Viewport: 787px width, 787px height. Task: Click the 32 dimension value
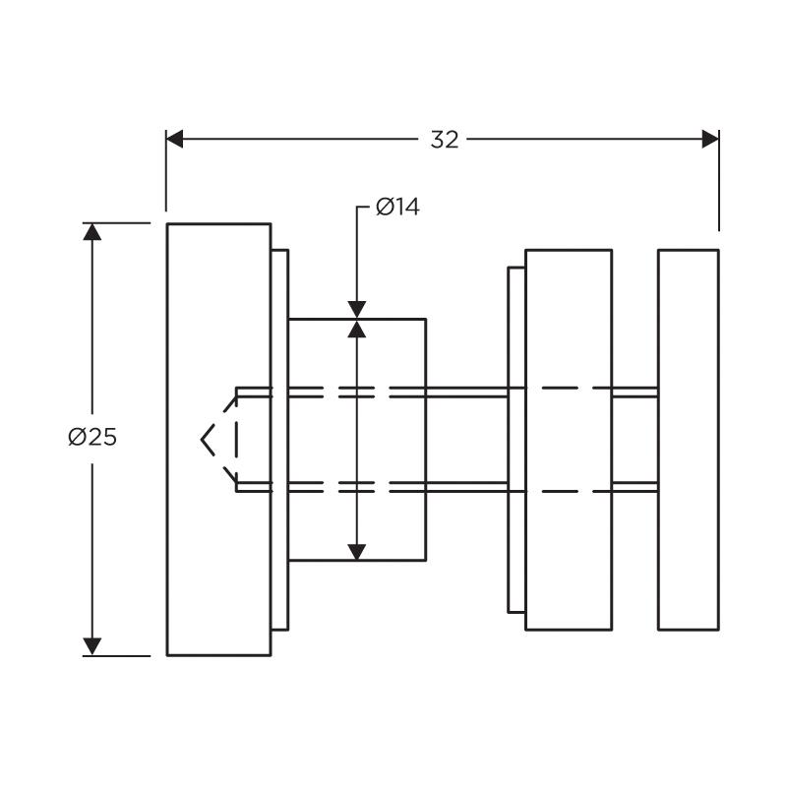(x=445, y=140)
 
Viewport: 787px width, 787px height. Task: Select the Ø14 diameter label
(x=397, y=207)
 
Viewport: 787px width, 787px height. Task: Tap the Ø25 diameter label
(x=92, y=437)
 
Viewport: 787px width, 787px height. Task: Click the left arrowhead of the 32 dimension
(x=175, y=139)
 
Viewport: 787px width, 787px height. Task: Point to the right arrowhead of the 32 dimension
(x=710, y=139)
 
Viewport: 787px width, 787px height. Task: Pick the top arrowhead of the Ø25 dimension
(x=92, y=232)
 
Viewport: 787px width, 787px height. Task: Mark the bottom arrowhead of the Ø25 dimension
(x=92, y=646)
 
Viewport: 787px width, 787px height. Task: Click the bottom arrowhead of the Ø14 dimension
(x=357, y=552)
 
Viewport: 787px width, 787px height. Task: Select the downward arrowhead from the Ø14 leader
(x=357, y=310)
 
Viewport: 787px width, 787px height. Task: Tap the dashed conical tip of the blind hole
(x=218, y=440)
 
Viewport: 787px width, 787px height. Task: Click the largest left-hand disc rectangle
(x=218, y=440)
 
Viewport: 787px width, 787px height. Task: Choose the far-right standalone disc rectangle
(x=689, y=440)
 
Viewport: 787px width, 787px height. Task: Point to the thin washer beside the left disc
(x=280, y=440)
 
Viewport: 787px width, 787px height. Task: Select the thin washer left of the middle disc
(x=517, y=440)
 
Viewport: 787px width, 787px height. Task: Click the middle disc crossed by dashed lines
(x=569, y=440)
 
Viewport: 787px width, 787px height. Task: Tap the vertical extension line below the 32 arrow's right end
(x=719, y=181)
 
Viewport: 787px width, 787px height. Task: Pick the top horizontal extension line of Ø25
(x=116, y=223)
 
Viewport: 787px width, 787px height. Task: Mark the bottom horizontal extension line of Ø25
(x=116, y=655)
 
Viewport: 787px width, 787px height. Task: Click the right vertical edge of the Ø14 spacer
(x=426, y=440)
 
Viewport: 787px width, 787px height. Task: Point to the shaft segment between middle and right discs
(x=636, y=440)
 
